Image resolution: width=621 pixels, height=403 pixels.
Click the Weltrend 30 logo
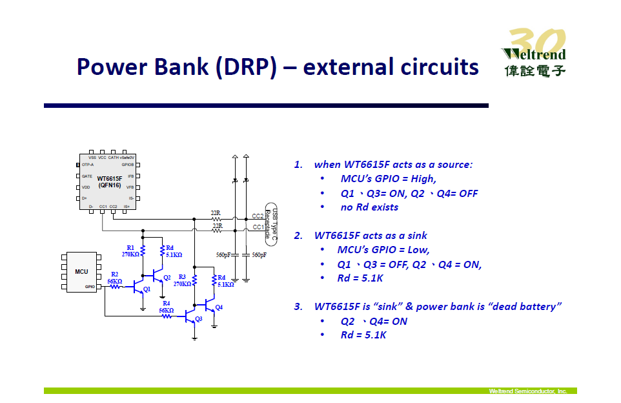pos(533,54)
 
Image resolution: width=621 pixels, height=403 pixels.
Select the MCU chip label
pos(81,271)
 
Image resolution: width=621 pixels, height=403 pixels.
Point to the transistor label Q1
pos(147,289)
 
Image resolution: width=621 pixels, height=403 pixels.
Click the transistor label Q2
pos(167,277)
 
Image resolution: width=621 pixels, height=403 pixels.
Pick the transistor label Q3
pos(199,318)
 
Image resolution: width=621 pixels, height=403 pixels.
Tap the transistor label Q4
pos(219,307)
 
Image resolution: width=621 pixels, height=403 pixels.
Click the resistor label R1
pos(130,247)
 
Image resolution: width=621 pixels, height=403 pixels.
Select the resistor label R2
pos(114,274)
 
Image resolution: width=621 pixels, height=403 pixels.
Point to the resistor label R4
pos(166,303)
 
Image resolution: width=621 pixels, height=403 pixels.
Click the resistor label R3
pos(182,276)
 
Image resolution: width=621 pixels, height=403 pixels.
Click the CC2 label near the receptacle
pos(257,216)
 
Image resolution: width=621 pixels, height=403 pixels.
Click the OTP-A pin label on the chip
pos(88,165)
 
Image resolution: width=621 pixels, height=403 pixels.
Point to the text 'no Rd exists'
pos(369,207)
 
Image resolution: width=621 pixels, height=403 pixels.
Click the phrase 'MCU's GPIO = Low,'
pos(383,250)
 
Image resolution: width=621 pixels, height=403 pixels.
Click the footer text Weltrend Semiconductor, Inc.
pos(527,391)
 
